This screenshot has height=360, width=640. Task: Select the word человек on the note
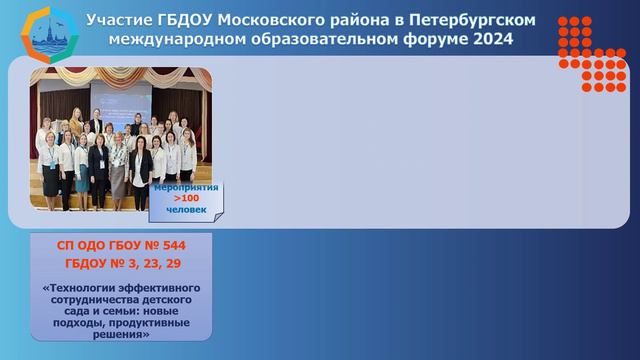[x=188, y=210]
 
